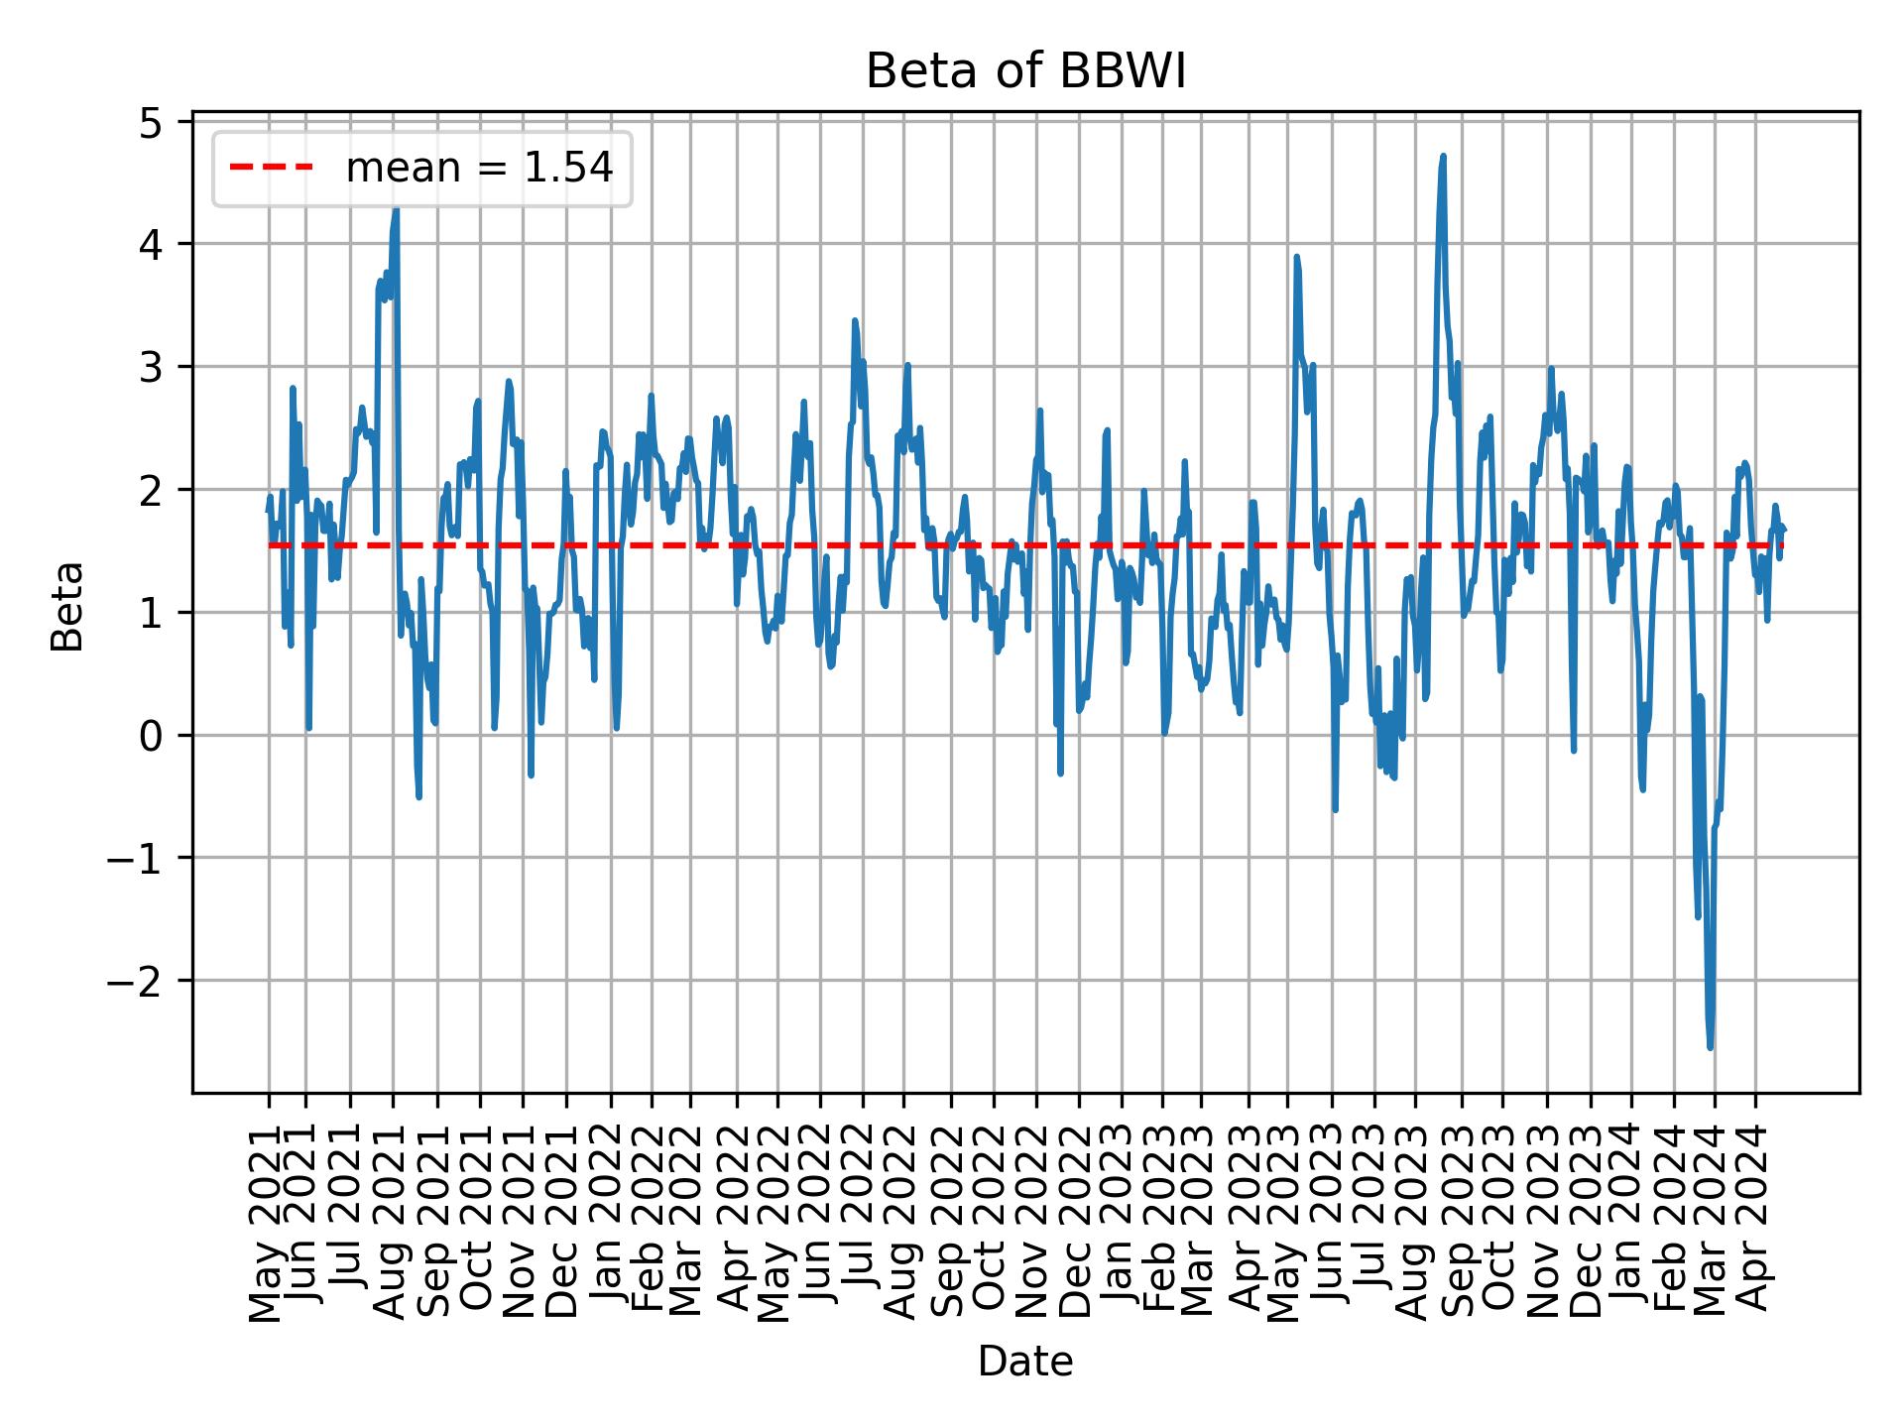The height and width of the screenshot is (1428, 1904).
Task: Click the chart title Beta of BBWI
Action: [1025, 72]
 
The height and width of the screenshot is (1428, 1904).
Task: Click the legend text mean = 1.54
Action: [479, 169]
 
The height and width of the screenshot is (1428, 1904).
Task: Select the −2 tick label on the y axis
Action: [136, 981]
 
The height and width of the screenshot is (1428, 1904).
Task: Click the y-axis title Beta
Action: [67, 606]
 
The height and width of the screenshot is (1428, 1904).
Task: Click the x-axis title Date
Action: [1025, 1363]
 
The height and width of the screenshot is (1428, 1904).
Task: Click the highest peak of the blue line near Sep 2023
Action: [1443, 157]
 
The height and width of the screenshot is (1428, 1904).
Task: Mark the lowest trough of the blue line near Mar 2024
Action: [1710, 1046]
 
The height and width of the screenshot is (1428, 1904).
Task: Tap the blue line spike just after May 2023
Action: [1296, 257]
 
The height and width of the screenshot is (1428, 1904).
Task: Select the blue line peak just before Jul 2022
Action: [855, 321]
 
